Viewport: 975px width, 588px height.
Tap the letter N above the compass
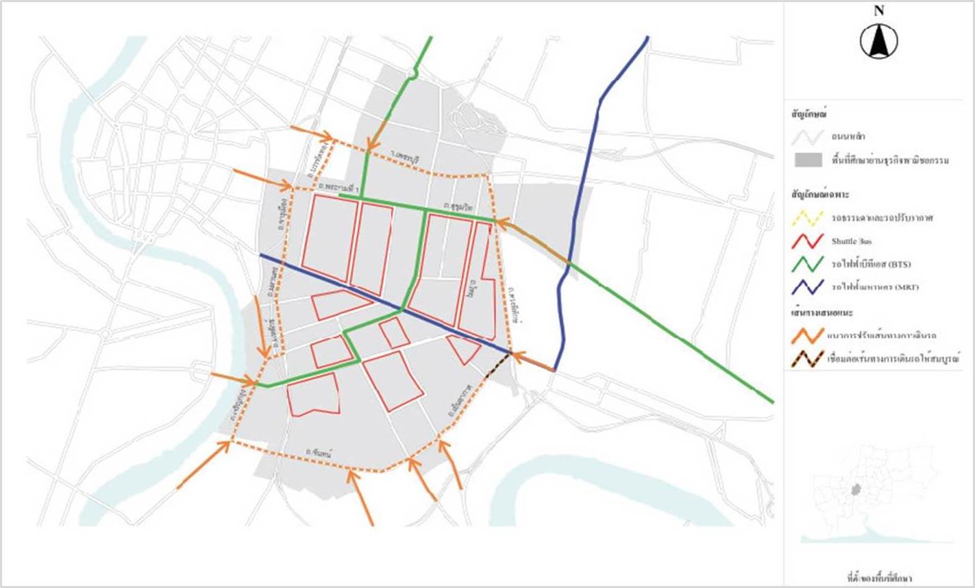click(878, 11)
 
